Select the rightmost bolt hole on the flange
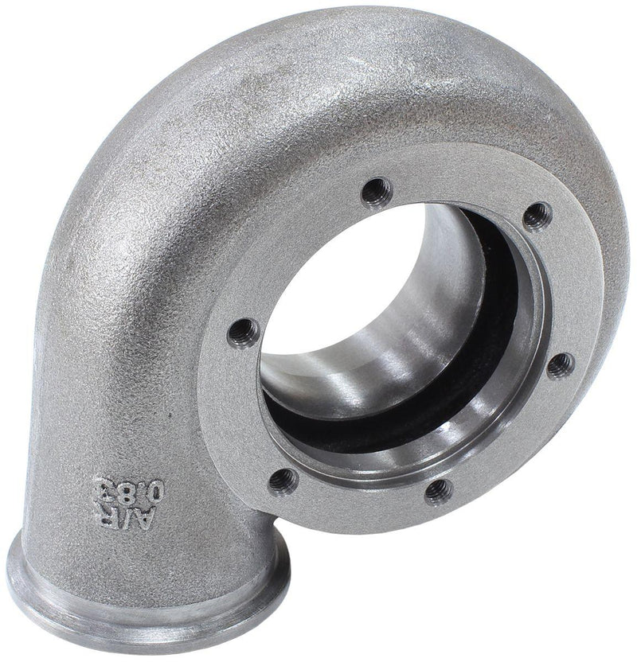point(561,365)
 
